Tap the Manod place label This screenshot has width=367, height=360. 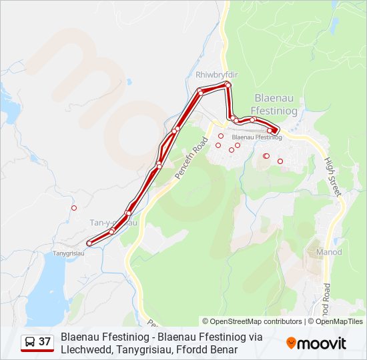(x=329, y=252)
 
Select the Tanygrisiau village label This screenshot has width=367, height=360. (x=68, y=253)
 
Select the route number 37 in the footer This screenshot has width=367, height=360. (x=45, y=343)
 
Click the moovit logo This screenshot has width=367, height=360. (x=316, y=343)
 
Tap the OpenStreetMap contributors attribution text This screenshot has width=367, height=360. (x=252, y=321)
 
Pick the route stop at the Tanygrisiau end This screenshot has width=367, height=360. (x=89, y=243)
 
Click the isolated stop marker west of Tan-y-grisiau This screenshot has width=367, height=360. (x=74, y=208)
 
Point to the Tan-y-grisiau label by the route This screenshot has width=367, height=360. (x=113, y=222)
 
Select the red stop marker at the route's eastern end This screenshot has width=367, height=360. (x=276, y=131)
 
